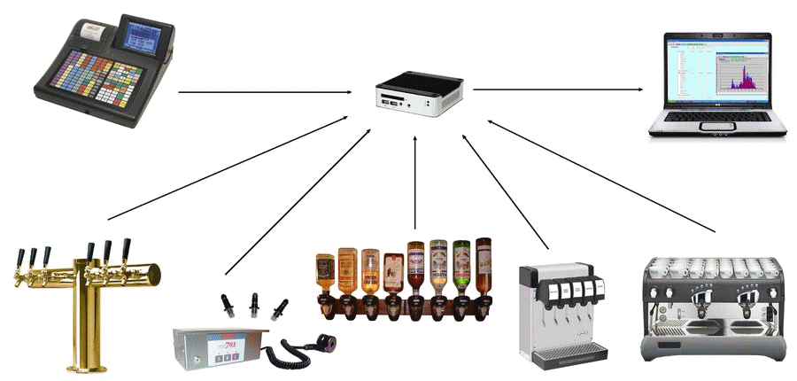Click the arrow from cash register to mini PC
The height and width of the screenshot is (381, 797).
266,91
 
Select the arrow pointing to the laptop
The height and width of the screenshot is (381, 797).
558,89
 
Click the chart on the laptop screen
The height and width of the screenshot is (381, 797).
742,76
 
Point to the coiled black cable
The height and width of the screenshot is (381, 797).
292,350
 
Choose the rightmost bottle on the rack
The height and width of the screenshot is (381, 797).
484,261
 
